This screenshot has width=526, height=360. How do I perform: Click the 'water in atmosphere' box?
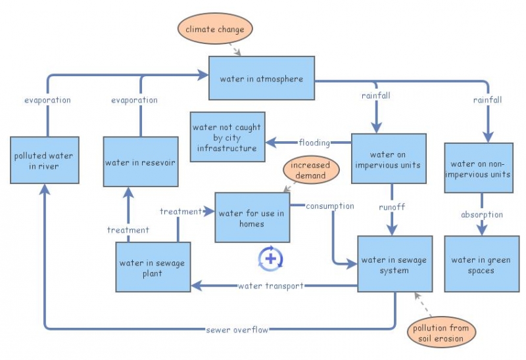[262, 78]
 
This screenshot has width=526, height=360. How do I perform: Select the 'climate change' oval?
[215, 30]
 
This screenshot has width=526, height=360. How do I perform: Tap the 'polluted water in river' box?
[45, 161]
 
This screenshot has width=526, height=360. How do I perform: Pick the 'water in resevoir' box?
[140, 162]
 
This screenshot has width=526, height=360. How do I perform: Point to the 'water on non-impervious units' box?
[479, 168]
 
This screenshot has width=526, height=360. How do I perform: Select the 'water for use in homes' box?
[252, 218]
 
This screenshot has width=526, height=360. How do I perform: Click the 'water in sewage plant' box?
[153, 267]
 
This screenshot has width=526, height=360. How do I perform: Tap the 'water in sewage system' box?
[394, 264]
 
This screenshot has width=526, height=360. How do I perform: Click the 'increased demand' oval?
[310, 170]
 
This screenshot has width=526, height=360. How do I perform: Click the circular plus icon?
[270, 258]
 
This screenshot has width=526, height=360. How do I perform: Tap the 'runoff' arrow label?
[392, 207]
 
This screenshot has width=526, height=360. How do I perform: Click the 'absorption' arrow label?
[481, 214]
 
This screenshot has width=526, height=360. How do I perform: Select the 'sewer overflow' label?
[237, 330]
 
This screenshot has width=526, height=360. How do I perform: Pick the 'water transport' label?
[271, 286]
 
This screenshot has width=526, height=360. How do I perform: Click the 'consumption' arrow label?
[329, 206]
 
